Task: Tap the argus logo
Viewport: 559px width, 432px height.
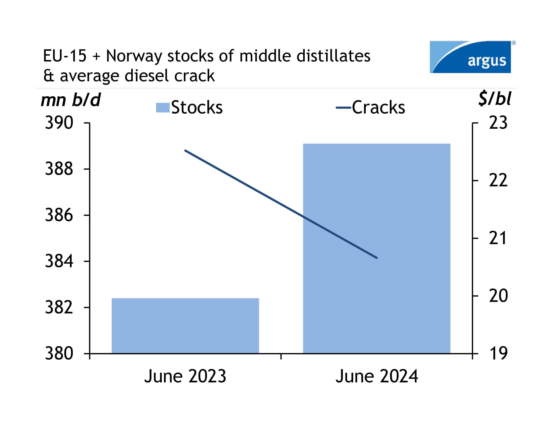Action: point(470,57)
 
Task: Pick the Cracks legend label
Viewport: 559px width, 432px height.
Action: point(378,107)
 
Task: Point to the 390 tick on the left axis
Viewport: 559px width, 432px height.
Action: point(59,123)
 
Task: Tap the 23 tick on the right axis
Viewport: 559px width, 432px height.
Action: point(498,123)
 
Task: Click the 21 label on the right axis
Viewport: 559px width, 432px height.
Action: point(498,238)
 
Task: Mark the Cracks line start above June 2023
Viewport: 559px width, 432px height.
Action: point(185,150)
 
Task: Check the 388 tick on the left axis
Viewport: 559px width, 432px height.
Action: point(59,169)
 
